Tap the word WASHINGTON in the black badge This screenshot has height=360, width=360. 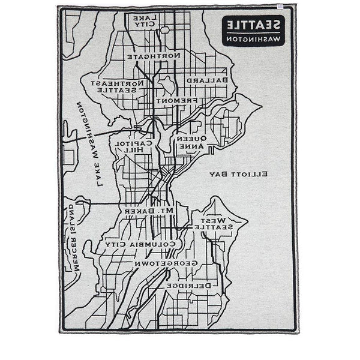click(x=255, y=38)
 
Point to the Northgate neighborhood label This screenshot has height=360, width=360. click(x=154, y=55)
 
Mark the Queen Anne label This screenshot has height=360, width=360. click(x=191, y=142)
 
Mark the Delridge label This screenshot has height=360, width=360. click(x=191, y=287)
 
